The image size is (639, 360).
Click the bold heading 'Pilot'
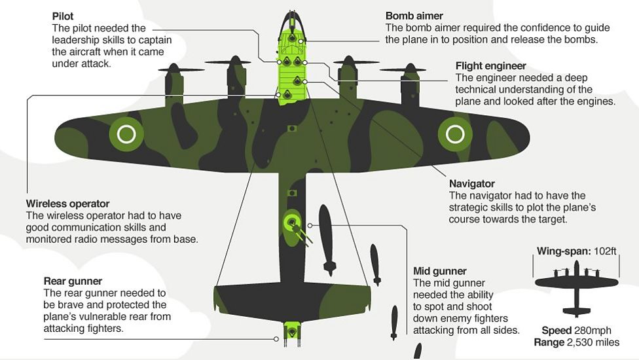[64, 16]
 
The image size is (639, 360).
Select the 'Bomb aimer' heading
[414, 16]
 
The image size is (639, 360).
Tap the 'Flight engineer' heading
[490, 65]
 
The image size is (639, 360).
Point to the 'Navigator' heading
[471, 184]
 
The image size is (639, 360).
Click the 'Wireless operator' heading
[67, 204]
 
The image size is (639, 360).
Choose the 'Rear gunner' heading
[73, 281]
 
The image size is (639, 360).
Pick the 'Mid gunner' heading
[439, 271]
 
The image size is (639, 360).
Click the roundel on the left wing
[126, 134]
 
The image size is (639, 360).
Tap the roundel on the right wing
[454, 134]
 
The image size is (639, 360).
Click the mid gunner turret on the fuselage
[291, 223]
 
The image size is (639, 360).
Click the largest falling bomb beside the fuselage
[327, 239]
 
